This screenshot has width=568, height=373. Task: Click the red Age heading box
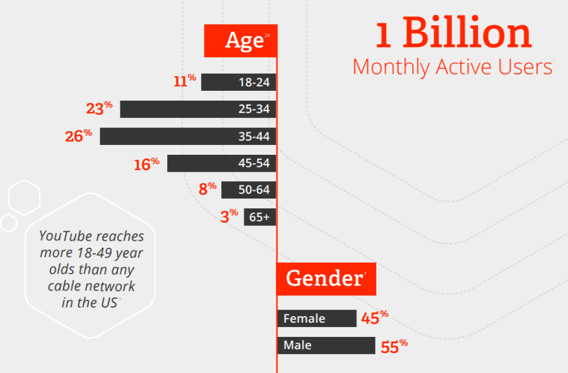tap(240, 40)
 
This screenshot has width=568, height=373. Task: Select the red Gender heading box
tap(326, 279)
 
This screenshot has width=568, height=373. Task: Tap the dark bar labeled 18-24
tap(239, 82)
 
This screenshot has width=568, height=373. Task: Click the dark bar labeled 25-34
tap(198, 109)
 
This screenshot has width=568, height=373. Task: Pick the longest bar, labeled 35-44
tap(188, 136)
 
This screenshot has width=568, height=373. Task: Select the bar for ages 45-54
tap(221, 163)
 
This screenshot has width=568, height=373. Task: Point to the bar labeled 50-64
tap(248, 190)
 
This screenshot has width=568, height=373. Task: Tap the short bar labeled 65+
tap(260, 217)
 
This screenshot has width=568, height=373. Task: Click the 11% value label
tap(185, 81)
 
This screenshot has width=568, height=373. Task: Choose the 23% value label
tap(99, 108)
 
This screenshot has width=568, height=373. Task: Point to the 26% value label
tap(78, 136)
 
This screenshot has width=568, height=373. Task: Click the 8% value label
tap(208, 189)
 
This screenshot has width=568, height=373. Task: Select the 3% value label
tap(229, 216)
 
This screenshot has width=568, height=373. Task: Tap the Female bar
tap(317, 318)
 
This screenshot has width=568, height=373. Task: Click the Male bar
tap(326, 346)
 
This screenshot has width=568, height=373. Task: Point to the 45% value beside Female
tap(374, 317)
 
